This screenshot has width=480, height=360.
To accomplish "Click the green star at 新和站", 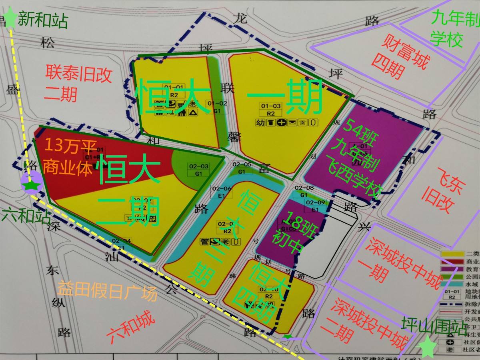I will pyautogui.click(x=10, y=19).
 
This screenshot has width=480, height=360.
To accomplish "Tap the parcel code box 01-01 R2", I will pyautogui.click(x=174, y=91).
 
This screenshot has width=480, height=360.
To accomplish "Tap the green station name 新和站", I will pyautogui.click(x=43, y=20).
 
